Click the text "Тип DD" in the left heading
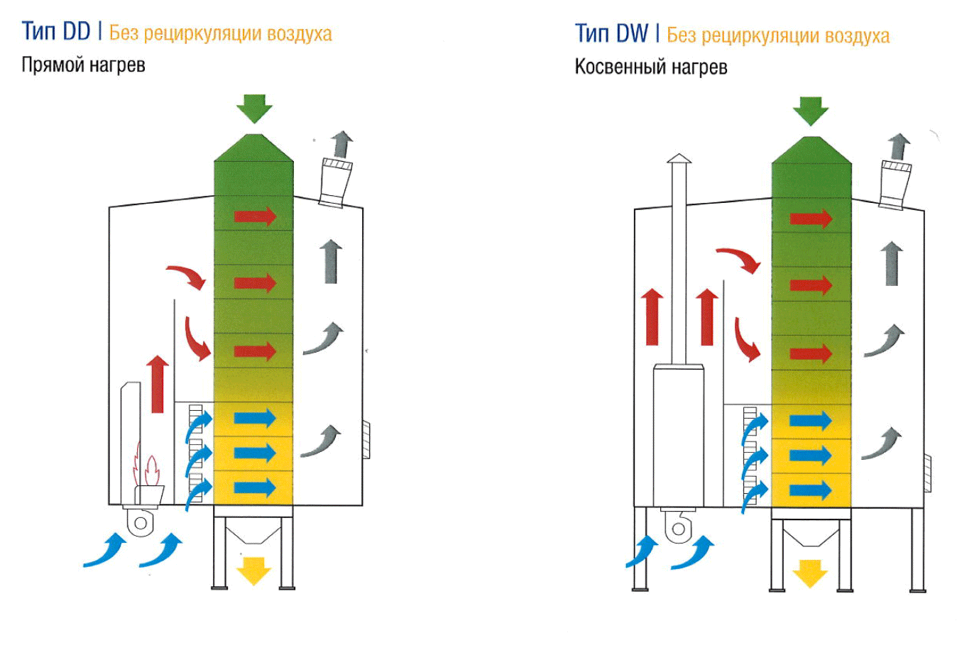[56, 32]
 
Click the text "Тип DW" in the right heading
[611, 33]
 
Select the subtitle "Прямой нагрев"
[83, 65]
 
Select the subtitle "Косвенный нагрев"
[650, 67]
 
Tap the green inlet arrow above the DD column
[253, 109]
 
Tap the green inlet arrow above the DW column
[811, 111]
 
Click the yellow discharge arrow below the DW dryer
[810, 573]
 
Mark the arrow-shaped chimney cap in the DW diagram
[679, 158]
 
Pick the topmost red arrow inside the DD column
[255, 215]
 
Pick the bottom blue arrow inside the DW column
[810, 490]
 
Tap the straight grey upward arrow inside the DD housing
[331, 262]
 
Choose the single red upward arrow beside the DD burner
[158, 384]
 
